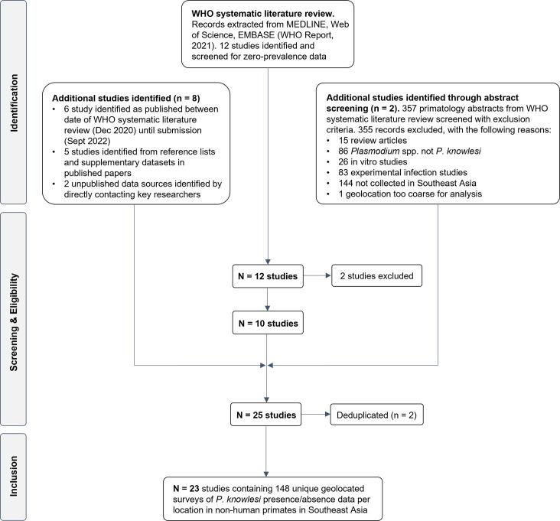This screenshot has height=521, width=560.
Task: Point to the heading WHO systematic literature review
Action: click(252, 14)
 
